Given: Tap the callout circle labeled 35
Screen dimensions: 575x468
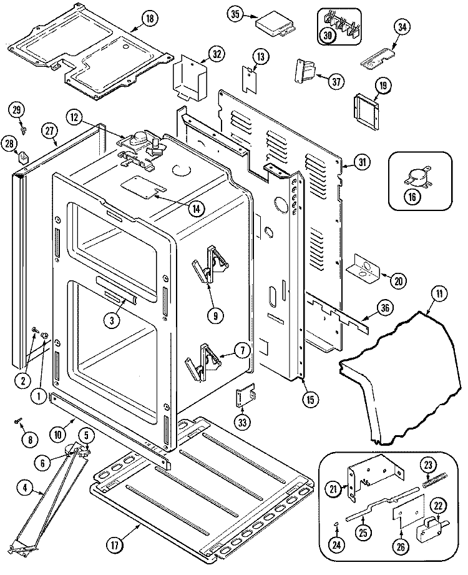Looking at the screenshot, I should (x=235, y=14).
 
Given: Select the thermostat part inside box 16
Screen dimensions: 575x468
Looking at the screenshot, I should (x=412, y=177).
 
